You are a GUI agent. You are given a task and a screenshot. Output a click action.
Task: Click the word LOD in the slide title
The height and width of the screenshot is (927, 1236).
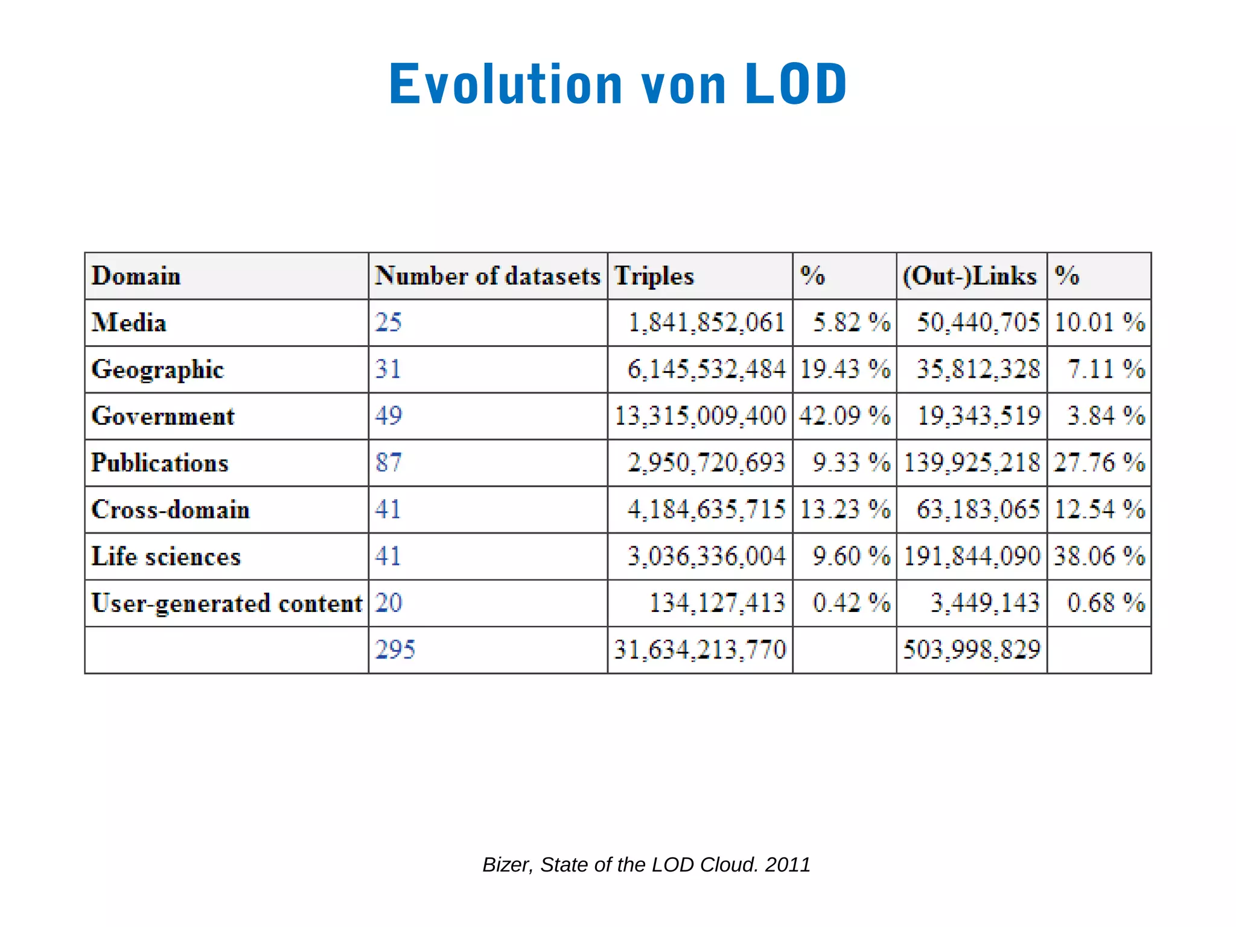click(795, 84)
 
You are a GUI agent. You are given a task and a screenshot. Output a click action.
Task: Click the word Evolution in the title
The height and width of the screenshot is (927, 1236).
click(506, 84)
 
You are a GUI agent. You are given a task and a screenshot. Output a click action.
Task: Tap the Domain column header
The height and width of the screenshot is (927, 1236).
click(136, 276)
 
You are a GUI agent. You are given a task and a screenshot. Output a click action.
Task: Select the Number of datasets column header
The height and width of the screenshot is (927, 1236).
click(488, 276)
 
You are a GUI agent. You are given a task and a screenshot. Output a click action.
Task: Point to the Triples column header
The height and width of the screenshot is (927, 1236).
click(654, 276)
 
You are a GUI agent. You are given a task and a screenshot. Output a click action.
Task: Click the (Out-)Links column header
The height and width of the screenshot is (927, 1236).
click(970, 276)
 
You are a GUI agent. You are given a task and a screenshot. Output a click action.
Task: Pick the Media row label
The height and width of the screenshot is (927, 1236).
click(129, 322)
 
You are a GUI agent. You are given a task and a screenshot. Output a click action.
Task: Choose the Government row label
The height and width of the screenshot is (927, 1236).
click(163, 416)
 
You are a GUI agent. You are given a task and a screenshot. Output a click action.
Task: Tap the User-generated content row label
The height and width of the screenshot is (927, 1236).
click(227, 603)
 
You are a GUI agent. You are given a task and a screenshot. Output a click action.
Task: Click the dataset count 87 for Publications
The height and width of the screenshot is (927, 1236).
click(389, 462)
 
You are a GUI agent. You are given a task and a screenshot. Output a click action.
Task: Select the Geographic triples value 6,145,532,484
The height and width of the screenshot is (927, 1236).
click(707, 369)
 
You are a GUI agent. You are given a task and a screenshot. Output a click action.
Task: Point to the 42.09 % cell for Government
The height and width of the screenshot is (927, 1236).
click(844, 416)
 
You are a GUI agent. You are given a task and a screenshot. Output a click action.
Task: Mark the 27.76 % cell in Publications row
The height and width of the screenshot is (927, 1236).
click(1099, 462)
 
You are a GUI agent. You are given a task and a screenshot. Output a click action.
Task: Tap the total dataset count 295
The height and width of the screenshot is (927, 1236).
click(395, 649)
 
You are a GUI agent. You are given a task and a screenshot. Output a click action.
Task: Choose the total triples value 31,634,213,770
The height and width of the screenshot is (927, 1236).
click(700, 649)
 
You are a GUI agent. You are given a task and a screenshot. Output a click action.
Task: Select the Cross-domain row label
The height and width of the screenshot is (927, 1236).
click(170, 509)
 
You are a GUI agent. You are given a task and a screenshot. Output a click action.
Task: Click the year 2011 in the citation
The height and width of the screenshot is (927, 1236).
click(788, 864)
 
